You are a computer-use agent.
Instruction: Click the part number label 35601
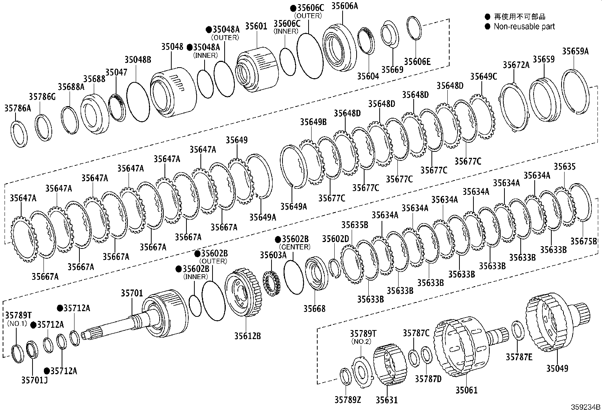tap(256, 26)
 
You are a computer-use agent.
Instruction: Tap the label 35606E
tap(417, 62)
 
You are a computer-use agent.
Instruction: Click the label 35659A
tap(575, 51)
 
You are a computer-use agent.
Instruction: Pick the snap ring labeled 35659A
tap(575, 91)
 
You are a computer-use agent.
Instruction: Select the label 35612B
tap(247, 336)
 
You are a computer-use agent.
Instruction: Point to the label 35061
tap(466, 390)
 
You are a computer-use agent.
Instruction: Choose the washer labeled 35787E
tap(517, 330)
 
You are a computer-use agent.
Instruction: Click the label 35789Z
tap(348, 399)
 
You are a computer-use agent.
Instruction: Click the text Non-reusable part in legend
tap(524, 26)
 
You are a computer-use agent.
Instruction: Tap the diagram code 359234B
tap(585, 407)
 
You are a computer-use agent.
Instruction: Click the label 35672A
tap(516, 65)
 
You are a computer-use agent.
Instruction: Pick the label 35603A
tap(273, 255)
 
